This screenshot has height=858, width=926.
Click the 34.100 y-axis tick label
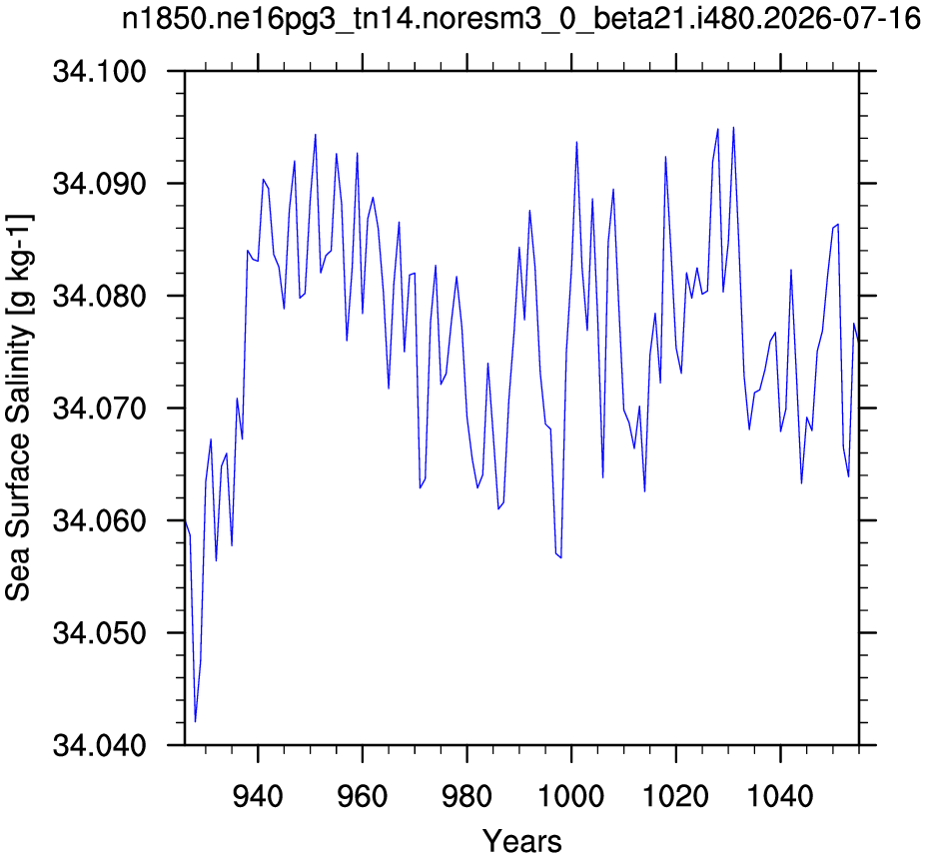click(x=99, y=72)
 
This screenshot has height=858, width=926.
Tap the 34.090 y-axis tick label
click(x=99, y=184)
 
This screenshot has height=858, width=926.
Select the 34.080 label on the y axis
click(x=99, y=297)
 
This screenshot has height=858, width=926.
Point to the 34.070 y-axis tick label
click(x=99, y=409)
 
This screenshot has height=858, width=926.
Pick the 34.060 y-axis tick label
click(x=99, y=520)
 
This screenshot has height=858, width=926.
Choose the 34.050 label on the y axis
click(x=99, y=633)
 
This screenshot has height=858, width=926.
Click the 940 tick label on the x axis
click(x=258, y=797)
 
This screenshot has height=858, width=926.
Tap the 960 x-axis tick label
click(x=363, y=797)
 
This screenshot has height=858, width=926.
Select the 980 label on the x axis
click(x=467, y=797)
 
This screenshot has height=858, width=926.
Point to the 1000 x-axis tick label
click(x=571, y=797)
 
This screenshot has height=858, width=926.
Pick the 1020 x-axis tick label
click(x=675, y=797)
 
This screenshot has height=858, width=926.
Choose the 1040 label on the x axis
click(x=780, y=797)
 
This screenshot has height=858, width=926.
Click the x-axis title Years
click(x=522, y=841)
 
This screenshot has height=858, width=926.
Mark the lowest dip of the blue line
click(x=195, y=721)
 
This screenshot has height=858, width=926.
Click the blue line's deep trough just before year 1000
click(x=560, y=557)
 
